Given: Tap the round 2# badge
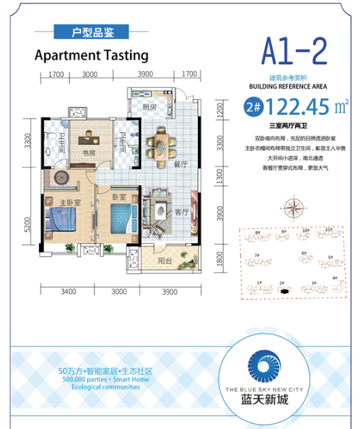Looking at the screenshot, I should pos(252,107).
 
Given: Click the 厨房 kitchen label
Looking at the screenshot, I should pos(150,107).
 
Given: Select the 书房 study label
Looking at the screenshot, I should pos(88,153).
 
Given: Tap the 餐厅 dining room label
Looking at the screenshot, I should pos(180,163).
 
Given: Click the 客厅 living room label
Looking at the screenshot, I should pos(180,212).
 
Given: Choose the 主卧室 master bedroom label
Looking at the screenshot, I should pos(70,203).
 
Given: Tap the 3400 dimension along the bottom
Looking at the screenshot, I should pos(67,292).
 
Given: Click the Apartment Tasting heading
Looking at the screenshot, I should pos(91,54).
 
